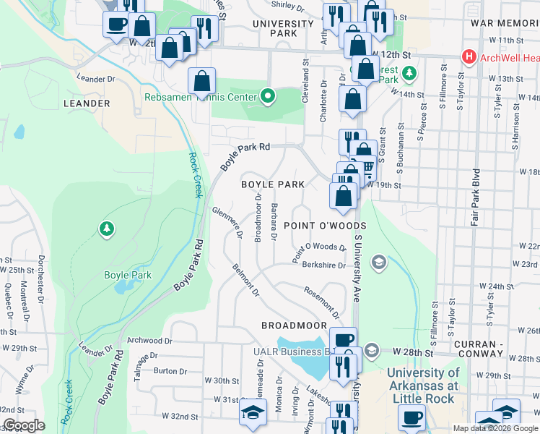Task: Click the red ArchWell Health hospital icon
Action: click(469, 56)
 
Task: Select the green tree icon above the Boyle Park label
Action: click(107, 229)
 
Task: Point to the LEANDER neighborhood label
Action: click(86, 103)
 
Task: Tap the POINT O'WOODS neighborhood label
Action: click(320, 226)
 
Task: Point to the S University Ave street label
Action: click(357, 264)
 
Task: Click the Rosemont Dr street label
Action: click(322, 302)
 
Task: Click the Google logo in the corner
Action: click(25, 425)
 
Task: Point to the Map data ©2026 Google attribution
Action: click(495, 428)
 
